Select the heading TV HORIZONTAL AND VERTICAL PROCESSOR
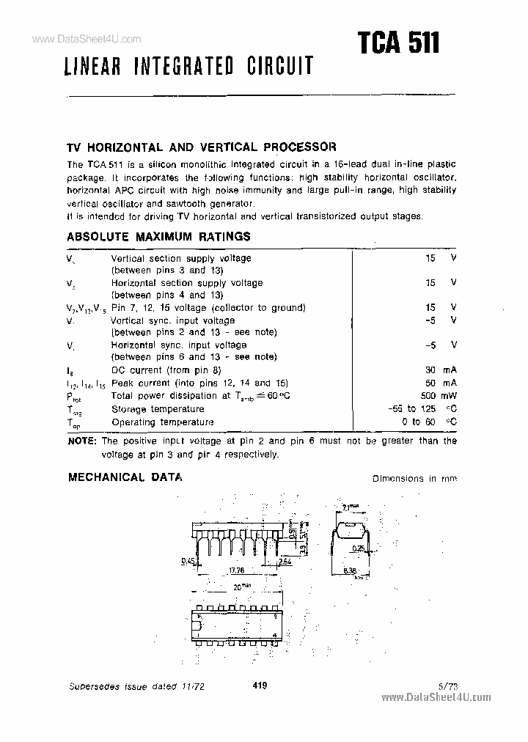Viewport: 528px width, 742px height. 202,146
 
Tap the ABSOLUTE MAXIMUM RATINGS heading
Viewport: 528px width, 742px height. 158,237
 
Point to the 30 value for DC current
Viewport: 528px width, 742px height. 431,370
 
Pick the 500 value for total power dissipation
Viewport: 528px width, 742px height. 429,396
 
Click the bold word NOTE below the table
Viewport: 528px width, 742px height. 81,441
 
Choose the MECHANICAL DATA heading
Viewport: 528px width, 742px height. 125,477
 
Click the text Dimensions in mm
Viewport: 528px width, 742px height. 414,478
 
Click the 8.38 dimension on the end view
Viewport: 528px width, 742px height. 351,570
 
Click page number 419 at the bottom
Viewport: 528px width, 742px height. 257,686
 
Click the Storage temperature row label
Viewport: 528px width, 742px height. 158,409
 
